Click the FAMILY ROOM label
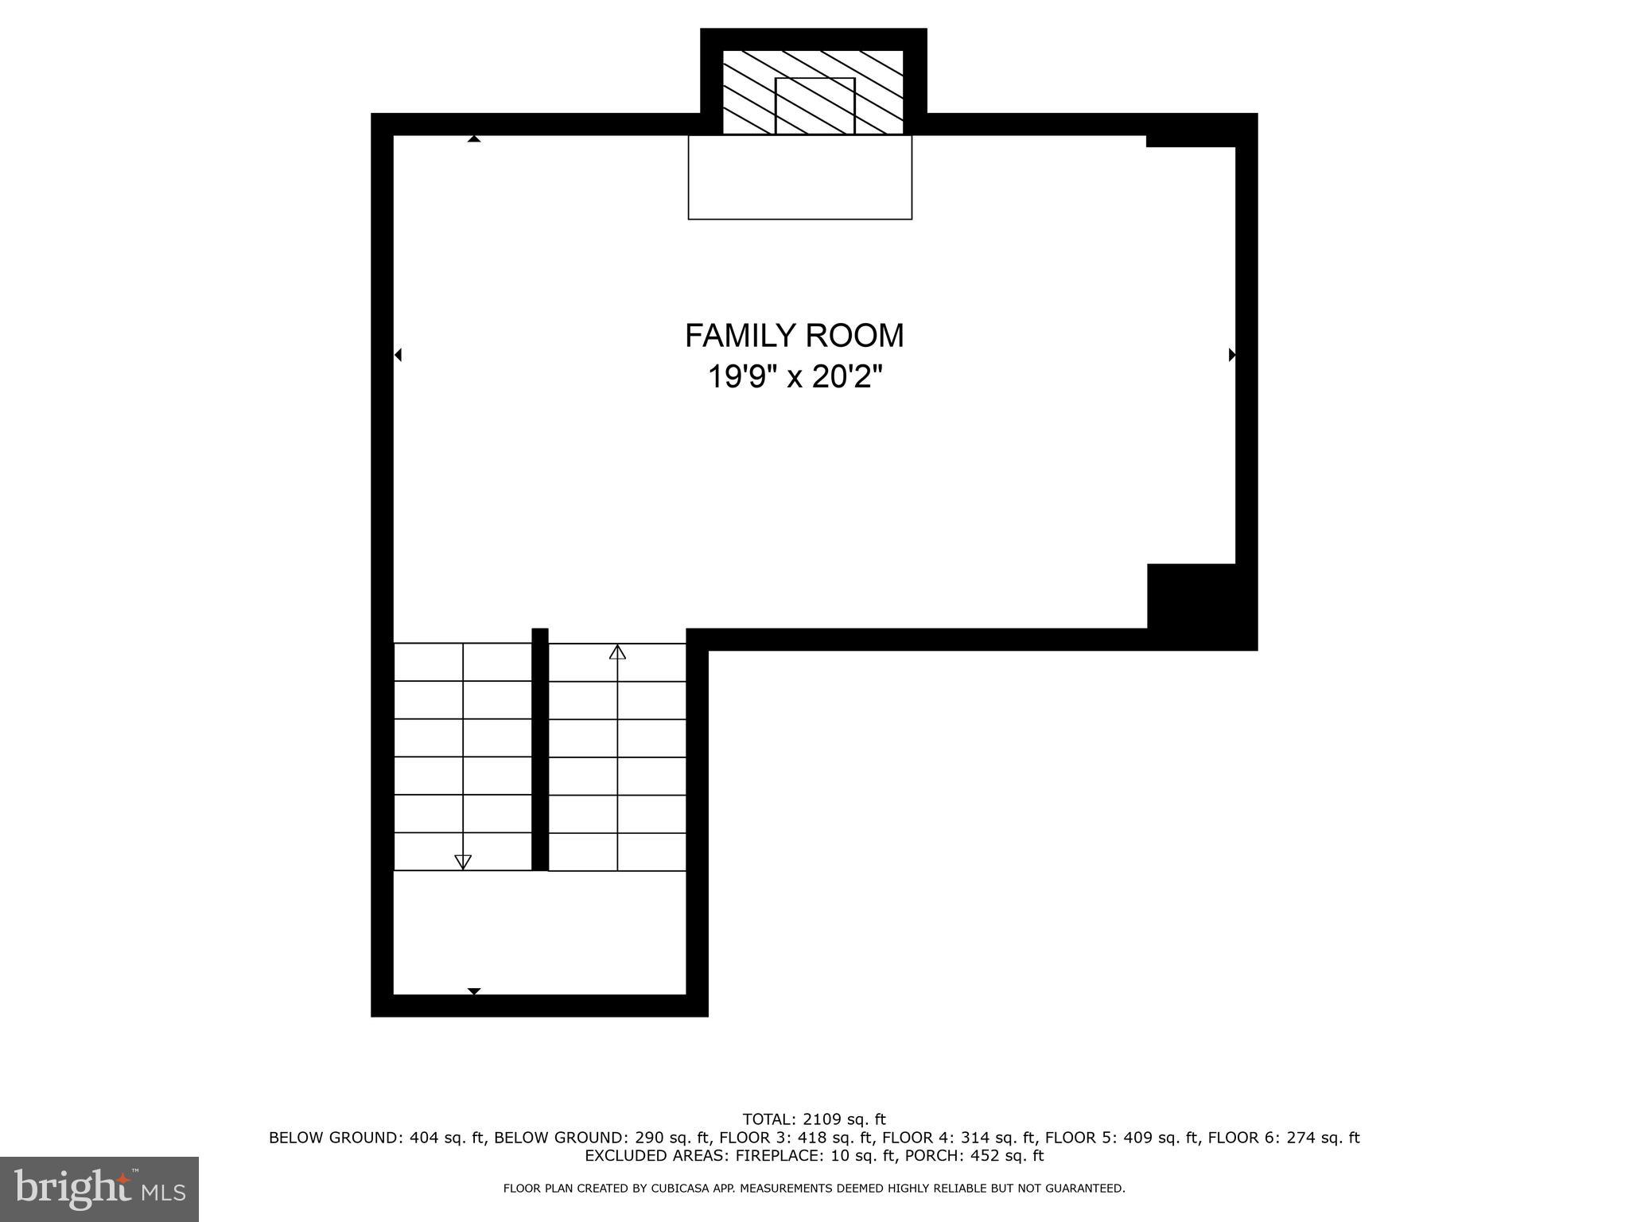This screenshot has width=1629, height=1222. click(x=794, y=336)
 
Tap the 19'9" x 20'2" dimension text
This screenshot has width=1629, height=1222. click(x=795, y=376)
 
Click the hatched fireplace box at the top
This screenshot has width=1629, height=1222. click(x=813, y=92)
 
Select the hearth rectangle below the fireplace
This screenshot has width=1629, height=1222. click(x=799, y=177)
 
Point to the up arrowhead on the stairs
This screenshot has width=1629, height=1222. click(x=617, y=652)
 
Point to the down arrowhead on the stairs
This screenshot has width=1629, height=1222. click(x=462, y=862)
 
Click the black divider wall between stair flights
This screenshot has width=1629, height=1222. click(x=539, y=749)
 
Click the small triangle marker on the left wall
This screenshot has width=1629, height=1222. click(x=398, y=355)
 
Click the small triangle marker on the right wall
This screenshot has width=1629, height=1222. click(x=1232, y=355)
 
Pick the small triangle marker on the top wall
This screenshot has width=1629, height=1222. click(x=474, y=139)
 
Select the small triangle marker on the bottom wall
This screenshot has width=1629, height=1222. click(x=474, y=991)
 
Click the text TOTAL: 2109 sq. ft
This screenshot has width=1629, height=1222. click(x=814, y=1120)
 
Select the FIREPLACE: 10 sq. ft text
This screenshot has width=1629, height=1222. click(x=783, y=1156)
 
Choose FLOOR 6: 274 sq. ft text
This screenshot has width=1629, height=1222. click(x=1283, y=1138)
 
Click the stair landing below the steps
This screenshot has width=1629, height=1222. click(x=539, y=932)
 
